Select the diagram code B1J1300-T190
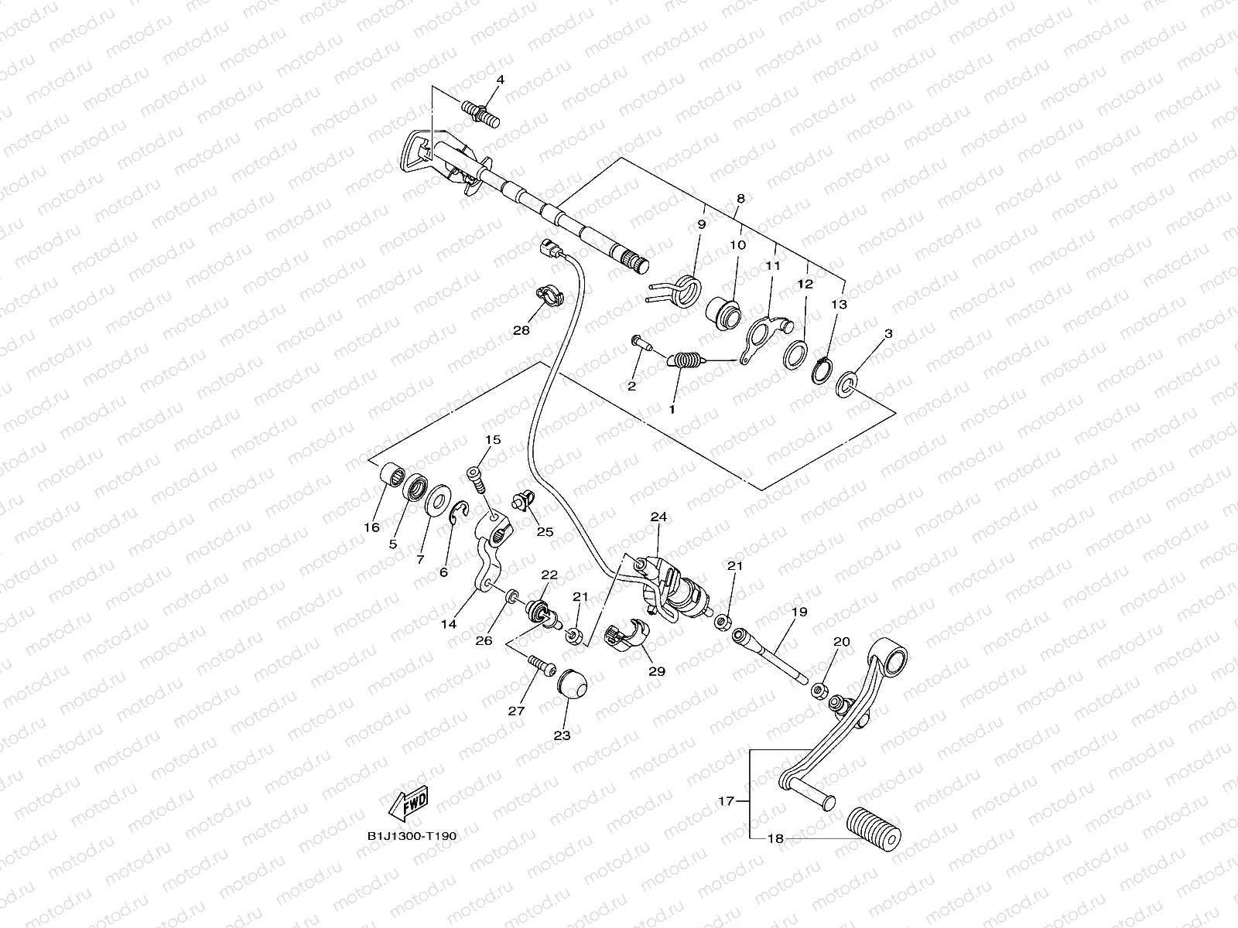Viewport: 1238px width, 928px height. pos(412,836)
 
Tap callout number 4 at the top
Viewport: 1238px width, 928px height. pos(501,80)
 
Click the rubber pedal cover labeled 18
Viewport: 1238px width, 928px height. pos(874,828)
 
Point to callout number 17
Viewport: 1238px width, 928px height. pos(727,800)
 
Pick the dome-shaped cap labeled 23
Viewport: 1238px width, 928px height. pos(572,684)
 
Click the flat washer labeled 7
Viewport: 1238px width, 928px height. pos(438,500)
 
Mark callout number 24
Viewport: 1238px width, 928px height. pos(658,517)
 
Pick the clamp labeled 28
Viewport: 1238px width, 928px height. pos(550,295)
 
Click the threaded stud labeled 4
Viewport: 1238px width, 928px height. pos(480,114)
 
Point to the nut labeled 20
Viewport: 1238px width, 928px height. pos(819,691)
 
